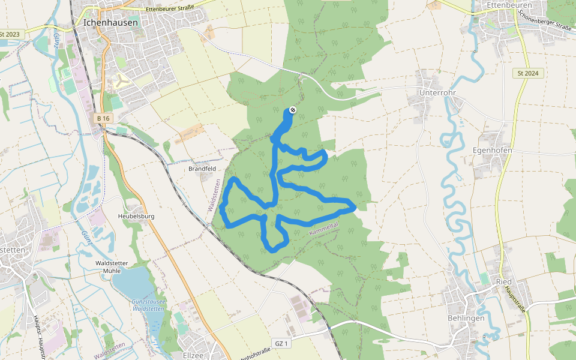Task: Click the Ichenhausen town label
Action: (111, 22)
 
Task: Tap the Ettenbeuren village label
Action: (506, 5)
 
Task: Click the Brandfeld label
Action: (202, 169)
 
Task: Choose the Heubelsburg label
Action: (136, 215)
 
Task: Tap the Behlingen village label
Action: (466, 318)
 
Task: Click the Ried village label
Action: (503, 281)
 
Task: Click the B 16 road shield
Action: (103, 119)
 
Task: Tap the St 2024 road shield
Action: (527, 73)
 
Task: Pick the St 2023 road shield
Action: (10, 34)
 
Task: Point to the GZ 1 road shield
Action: (281, 343)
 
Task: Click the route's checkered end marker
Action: (292, 110)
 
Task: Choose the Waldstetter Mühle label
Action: (112, 266)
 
